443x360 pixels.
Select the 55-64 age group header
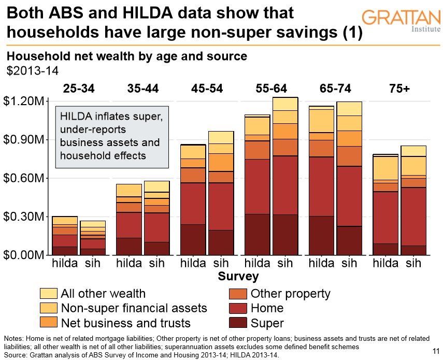pos(271,89)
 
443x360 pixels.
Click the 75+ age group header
pos(399,89)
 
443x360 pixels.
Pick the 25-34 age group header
pos(79,89)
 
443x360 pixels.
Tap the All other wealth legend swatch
pos(48,294)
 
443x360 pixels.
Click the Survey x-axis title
pos(238,276)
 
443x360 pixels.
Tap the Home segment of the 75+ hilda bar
pos(385,218)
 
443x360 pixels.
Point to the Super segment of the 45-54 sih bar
pos(221,242)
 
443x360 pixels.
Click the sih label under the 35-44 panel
pos(156,263)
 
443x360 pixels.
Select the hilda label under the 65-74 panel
pos(322,263)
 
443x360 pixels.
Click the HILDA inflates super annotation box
pos(112,137)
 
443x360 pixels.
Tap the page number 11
pos(435,352)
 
